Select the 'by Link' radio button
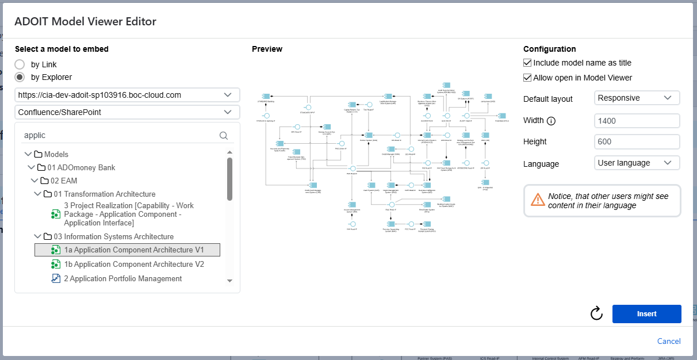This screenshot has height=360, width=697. coord(20,64)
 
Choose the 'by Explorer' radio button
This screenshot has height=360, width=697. coord(20,77)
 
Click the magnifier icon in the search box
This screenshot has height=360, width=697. coord(224,136)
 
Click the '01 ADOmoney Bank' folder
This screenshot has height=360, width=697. coord(82,167)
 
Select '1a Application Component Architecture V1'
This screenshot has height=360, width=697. coord(133,250)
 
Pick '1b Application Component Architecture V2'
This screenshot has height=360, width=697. coord(133,264)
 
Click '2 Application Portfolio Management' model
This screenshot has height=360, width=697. coord(122,278)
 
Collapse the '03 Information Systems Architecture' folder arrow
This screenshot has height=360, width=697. coord(38,236)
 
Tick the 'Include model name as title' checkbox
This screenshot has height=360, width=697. coord(527,63)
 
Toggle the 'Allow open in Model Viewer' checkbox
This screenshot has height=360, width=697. coord(527,78)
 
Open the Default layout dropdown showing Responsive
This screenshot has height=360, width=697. coord(637,98)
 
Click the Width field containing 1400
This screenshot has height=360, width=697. coord(637,121)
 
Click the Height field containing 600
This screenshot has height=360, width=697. coord(637,141)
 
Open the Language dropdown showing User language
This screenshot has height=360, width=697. coord(637,163)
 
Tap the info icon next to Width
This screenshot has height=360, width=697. coord(551,121)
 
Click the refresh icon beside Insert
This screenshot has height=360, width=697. coord(596,313)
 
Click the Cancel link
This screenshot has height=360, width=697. coord(669,341)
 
